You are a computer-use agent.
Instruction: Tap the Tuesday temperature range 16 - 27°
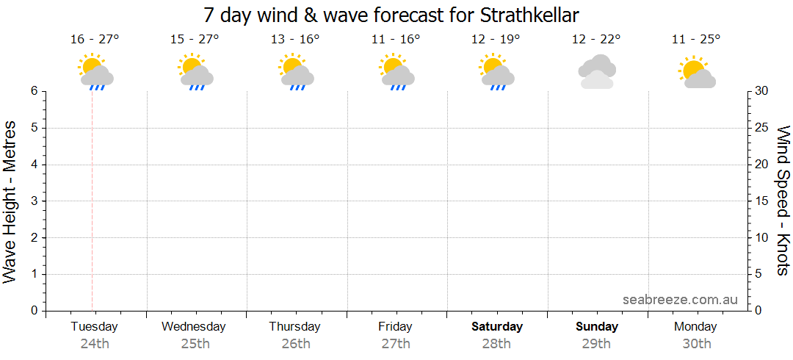point(93,39)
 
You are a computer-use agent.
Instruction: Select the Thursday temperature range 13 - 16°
point(295,39)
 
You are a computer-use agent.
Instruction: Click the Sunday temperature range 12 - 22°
point(596,39)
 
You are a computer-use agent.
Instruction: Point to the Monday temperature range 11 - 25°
point(696,39)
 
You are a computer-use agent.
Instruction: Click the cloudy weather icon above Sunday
point(596,71)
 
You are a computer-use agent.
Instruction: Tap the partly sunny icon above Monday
point(696,72)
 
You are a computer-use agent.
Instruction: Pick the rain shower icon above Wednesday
point(195,72)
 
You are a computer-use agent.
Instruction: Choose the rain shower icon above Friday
point(396,72)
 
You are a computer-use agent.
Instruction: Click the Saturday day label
point(497,326)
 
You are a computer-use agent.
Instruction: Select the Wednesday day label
point(193,326)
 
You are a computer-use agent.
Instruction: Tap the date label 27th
point(396,343)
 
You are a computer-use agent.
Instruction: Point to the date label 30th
point(697,343)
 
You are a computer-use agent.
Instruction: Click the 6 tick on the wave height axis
point(34,91)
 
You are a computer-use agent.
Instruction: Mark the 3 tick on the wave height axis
point(34,201)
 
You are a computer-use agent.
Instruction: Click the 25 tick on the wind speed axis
point(763,128)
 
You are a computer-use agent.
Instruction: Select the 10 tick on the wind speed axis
point(763,238)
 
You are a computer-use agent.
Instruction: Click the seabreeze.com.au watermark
point(680,300)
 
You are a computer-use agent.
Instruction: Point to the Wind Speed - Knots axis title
point(783,200)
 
